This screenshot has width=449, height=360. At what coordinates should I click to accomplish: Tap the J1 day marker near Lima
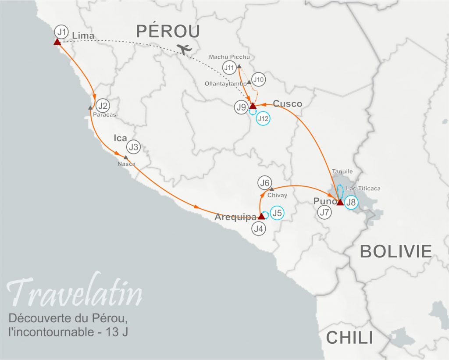click(x=62, y=32)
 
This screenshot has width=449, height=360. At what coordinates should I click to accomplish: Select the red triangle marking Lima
click(x=57, y=42)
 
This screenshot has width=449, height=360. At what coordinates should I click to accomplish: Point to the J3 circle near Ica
click(x=133, y=147)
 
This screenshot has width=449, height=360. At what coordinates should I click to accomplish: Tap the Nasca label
click(x=126, y=164)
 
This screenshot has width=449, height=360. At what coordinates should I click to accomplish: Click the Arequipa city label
click(x=235, y=217)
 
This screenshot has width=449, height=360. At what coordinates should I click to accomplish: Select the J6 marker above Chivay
click(x=265, y=183)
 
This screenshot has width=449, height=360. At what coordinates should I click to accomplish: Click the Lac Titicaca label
click(x=363, y=189)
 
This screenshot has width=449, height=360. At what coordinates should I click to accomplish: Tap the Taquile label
click(x=342, y=171)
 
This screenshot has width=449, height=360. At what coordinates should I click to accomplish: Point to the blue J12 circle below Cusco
click(x=263, y=118)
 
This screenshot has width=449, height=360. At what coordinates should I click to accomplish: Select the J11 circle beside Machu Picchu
click(x=229, y=68)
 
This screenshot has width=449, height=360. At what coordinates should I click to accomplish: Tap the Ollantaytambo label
click(x=226, y=83)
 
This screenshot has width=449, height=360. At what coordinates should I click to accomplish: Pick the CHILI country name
click(x=349, y=338)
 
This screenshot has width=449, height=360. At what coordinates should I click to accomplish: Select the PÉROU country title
click(x=168, y=31)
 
